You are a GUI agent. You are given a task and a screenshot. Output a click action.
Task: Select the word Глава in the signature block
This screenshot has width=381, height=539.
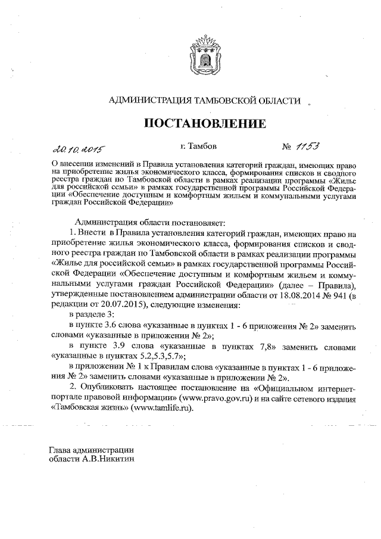[x=61, y=450]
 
